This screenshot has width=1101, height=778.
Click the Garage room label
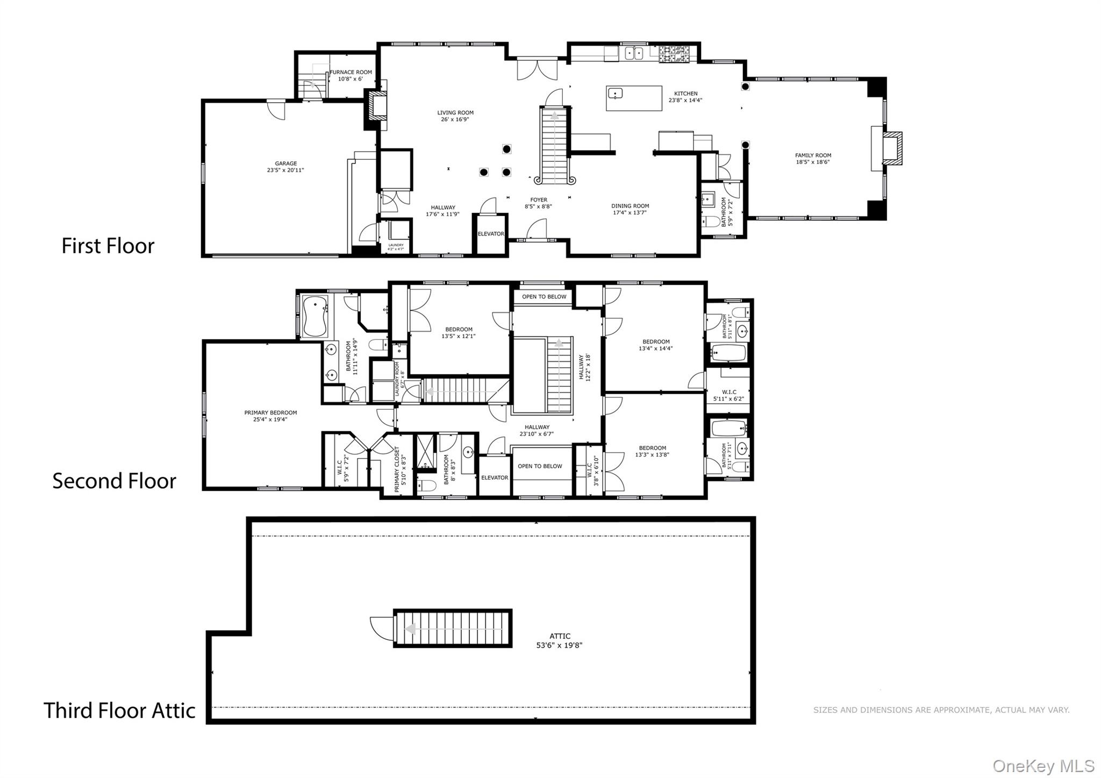[x=285, y=163]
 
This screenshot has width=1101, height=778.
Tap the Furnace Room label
[x=351, y=72]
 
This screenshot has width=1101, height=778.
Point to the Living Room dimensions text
[x=455, y=120]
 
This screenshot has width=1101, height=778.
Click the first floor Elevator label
[x=491, y=234]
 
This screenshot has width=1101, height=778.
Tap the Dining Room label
[x=630, y=206]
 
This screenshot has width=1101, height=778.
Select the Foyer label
[x=539, y=200]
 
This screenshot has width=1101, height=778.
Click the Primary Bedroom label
[x=270, y=413]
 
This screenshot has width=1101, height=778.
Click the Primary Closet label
[x=397, y=469]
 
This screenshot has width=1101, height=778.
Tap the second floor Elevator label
[x=494, y=477]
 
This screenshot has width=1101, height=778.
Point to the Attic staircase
[x=453, y=628]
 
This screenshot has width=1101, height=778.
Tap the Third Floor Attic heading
[x=119, y=710]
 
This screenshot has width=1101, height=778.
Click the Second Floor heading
[x=114, y=481]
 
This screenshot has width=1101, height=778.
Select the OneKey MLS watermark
[x=1043, y=766]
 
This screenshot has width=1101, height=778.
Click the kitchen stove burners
[x=674, y=53]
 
